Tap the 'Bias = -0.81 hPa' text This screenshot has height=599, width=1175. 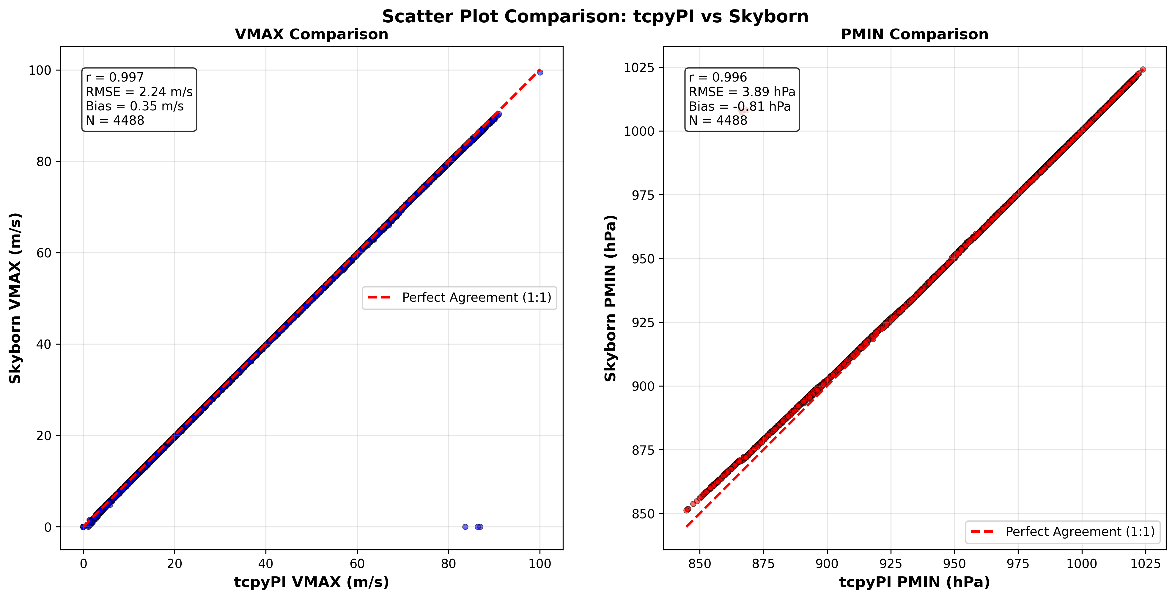point(740,106)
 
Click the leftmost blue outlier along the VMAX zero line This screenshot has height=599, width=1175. point(465,527)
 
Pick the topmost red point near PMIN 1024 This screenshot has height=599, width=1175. point(1143,69)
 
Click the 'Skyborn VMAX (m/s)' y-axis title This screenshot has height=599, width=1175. point(15,298)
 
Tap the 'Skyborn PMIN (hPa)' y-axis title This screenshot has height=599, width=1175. point(610,298)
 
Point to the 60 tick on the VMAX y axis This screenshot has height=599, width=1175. point(44,253)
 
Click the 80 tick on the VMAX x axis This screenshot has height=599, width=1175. point(448,564)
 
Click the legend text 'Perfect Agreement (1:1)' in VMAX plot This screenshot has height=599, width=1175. point(477,298)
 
